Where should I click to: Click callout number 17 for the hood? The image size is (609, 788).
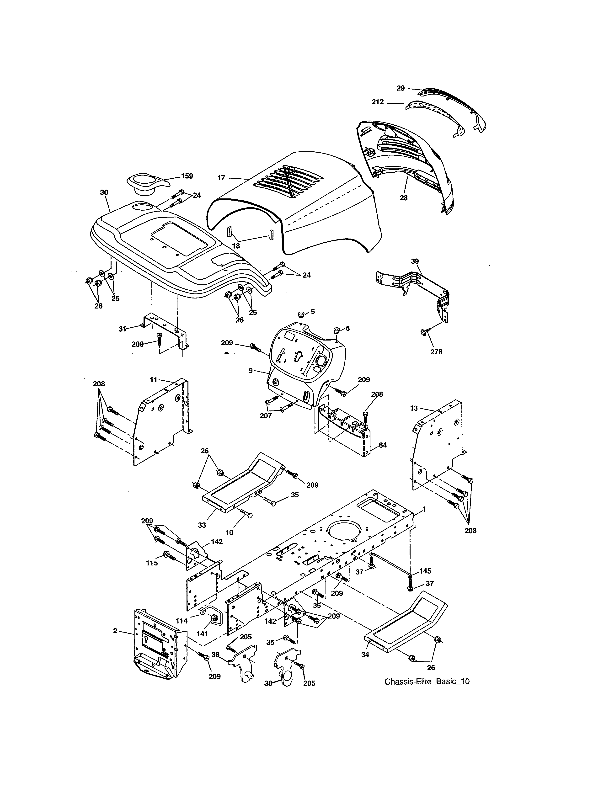(221, 177)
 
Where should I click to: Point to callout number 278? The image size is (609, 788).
(436, 351)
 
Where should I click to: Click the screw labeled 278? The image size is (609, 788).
(424, 332)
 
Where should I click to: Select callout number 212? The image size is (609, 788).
(378, 102)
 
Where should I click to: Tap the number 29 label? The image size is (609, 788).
(401, 88)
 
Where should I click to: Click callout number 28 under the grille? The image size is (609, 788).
(403, 197)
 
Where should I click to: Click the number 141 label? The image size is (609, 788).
(202, 634)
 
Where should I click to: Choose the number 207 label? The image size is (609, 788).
(266, 416)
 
